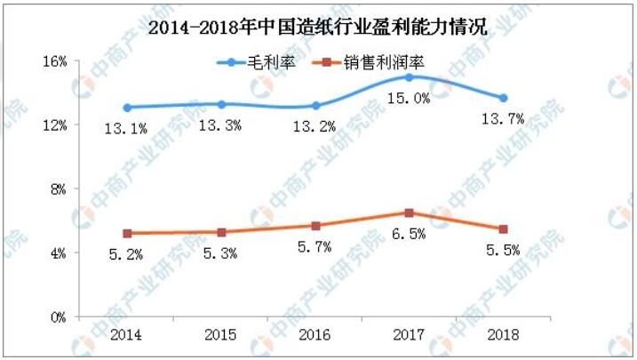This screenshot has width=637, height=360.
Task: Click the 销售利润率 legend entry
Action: point(364,62)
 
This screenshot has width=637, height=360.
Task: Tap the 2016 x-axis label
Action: point(315,335)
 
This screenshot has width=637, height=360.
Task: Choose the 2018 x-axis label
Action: point(503,335)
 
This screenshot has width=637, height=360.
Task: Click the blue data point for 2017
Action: point(409,77)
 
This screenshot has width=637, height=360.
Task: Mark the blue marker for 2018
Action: point(503,98)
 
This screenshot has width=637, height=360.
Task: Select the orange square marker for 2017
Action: point(409,212)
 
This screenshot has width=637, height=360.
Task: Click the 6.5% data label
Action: point(410,234)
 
